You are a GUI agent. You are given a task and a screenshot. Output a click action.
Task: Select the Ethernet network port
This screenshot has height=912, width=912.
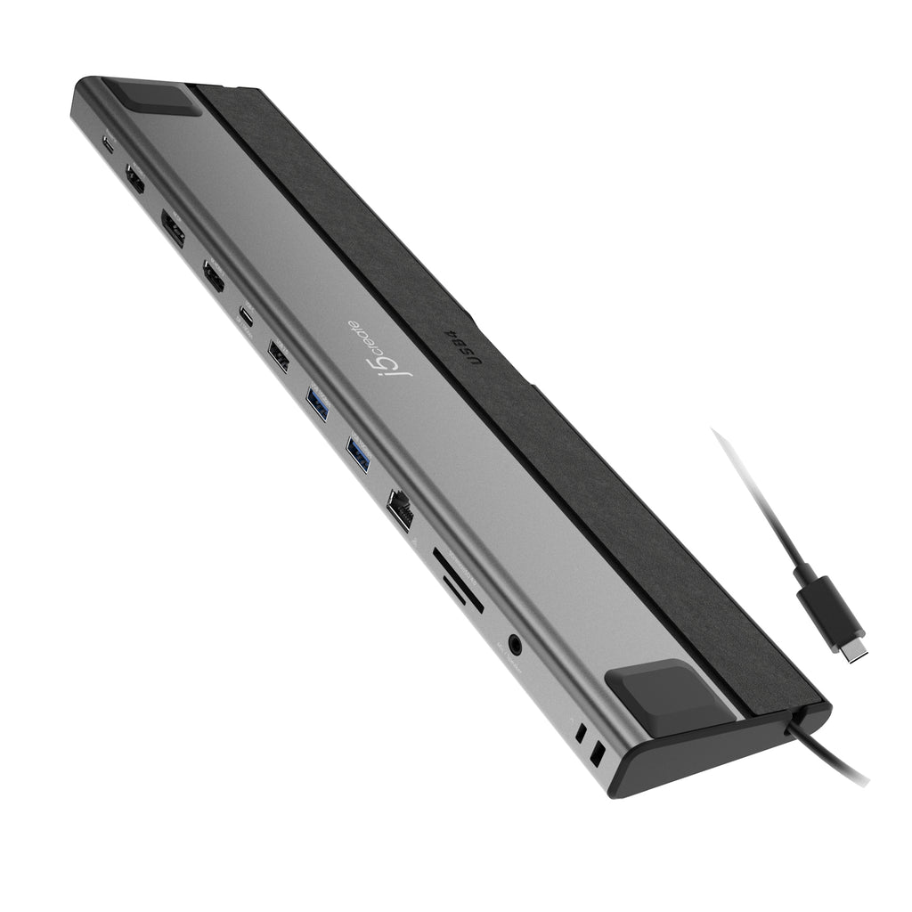[400, 512]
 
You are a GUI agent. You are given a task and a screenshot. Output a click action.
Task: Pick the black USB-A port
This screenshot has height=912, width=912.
[278, 361]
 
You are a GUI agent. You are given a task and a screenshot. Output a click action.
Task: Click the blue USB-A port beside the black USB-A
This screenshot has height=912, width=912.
[318, 405]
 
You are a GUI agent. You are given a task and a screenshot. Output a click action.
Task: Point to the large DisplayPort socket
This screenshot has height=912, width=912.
[173, 227]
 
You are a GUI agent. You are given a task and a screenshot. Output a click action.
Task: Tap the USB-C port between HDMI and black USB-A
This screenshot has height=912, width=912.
[246, 314]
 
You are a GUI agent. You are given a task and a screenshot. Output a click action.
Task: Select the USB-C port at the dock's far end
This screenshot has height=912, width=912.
[109, 144]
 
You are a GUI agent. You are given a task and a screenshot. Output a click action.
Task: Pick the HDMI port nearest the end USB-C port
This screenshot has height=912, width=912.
[135, 179]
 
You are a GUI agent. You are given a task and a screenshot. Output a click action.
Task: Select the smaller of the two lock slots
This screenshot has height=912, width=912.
[581, 736]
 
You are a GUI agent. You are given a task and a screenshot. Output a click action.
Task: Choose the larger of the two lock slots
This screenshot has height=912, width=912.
[598, 754]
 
